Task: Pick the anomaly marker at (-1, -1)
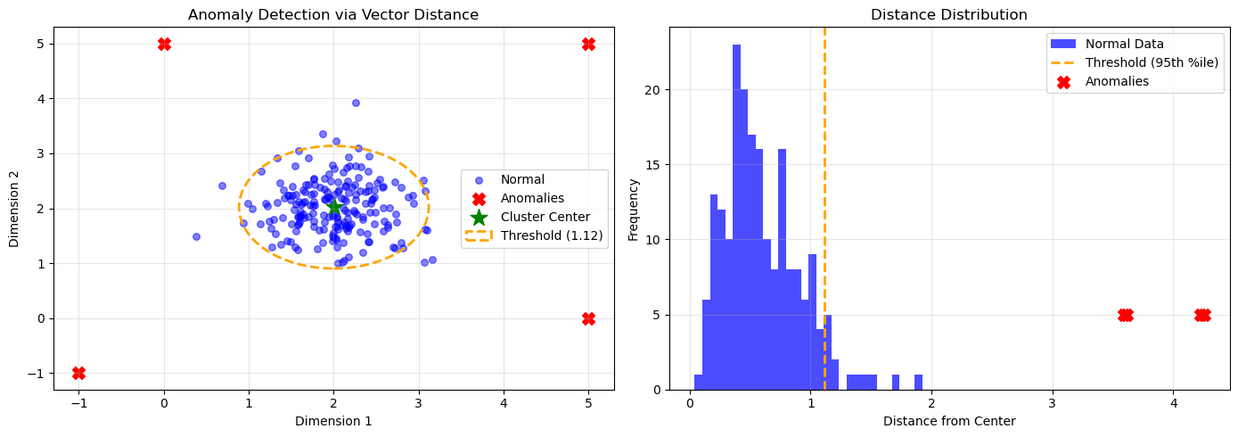click(78, 373)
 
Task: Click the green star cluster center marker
click(334, 207)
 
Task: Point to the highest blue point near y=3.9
click(356, 103)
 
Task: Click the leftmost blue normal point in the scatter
click(196, 236)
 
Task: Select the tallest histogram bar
click(736, 217)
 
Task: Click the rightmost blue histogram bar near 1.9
click(918, 382)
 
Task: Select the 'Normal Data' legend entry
click(1124, 44)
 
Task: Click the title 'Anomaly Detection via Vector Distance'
click(333, 14)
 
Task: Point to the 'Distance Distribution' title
click(948, 14)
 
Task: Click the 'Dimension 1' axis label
click(333, 420)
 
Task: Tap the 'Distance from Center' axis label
click(948, 420)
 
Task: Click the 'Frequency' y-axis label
click(635, 209)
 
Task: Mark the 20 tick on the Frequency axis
click(656, 90)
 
